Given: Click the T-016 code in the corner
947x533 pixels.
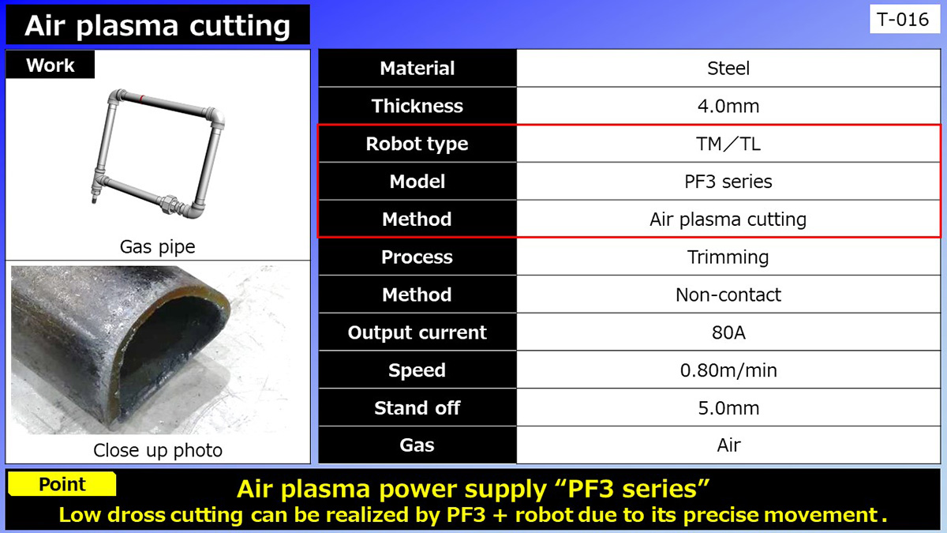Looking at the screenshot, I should pos(904,20).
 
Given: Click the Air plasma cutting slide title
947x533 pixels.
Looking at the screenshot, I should pos(157,25).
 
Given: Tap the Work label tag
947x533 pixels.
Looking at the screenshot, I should pos(50,66).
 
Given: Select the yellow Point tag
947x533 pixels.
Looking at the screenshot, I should pos(62,485).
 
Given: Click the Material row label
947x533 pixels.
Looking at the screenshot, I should pos(417,69).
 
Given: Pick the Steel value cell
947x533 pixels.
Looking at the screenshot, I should pos(728,69).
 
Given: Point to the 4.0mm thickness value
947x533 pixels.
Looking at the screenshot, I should pos(728,106).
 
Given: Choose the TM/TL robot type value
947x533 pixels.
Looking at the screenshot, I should pos(728,144).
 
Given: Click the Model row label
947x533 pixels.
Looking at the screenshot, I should pos(417,182).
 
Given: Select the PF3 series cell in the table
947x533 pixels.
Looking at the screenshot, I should pos(728,182).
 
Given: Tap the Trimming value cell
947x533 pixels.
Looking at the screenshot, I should pos(728,257).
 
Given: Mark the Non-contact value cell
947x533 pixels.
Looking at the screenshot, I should pos(728,295).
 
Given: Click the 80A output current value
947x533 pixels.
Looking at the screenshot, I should pos(728,332).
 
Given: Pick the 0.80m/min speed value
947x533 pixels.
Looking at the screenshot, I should pos(728,370).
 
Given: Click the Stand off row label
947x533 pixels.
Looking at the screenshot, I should pos(417,408).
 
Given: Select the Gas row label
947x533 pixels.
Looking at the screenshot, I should pos(417,445).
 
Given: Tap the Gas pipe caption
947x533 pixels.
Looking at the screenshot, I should pos(157,247).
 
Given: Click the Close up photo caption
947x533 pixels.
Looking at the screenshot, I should pos(157,450).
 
